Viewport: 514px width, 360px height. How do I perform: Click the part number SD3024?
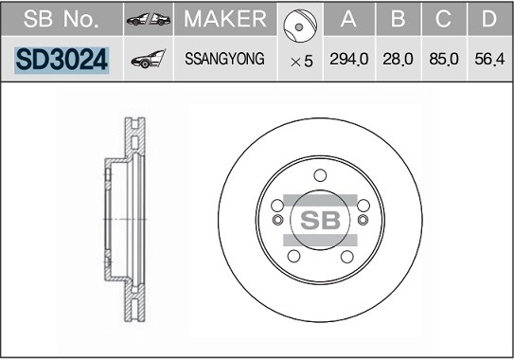[62, 61]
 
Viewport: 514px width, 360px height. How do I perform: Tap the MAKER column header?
[225, 18]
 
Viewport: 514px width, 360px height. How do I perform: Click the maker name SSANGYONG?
[225, 61]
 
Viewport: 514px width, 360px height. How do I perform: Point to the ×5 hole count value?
[301, 61]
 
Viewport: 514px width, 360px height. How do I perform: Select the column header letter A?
[348, 18]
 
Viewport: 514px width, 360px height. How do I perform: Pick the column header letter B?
[398, 18]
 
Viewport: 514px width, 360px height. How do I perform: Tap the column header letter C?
[443, 18]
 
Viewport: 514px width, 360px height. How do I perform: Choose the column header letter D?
[487, 18]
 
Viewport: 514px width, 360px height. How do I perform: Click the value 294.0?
[348, 61]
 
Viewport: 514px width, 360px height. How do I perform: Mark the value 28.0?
[398, 61]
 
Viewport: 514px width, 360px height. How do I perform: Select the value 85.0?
[443, 61]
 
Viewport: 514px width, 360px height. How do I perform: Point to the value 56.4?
[487, 61]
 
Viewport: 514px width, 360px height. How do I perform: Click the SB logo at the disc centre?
[320, 220]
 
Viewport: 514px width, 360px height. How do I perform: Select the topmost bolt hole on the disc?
[320, 174]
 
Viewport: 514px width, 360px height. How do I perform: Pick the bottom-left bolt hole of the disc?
[293, 256]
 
